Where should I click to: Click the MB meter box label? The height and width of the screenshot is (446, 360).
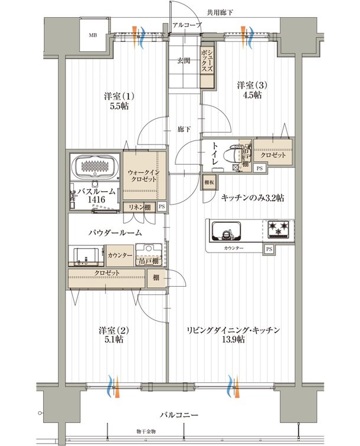pos(93,35)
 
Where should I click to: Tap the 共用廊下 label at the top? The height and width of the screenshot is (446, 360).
pos(220,12)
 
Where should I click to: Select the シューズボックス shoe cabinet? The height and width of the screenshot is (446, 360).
pos(207,65)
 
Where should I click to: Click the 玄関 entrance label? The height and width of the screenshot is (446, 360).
pos(184,61)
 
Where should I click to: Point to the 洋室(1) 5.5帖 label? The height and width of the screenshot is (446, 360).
pos(119,101)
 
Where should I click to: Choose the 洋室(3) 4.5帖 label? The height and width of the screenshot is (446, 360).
pos(249,90)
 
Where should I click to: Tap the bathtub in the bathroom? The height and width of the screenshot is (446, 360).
pos(96,166)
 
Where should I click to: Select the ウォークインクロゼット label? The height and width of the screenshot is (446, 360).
pos(144,176)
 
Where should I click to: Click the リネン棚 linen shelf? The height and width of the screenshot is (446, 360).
pos(139,207)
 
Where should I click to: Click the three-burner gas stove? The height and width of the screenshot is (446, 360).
pos(278,229)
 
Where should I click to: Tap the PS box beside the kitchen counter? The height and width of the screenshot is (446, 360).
pos(269,249)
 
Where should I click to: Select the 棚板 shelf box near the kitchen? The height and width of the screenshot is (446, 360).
pos(210,183)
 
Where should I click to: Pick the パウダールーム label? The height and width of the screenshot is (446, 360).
pos(115,233)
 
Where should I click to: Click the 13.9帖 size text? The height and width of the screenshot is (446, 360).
pos(233,340)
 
